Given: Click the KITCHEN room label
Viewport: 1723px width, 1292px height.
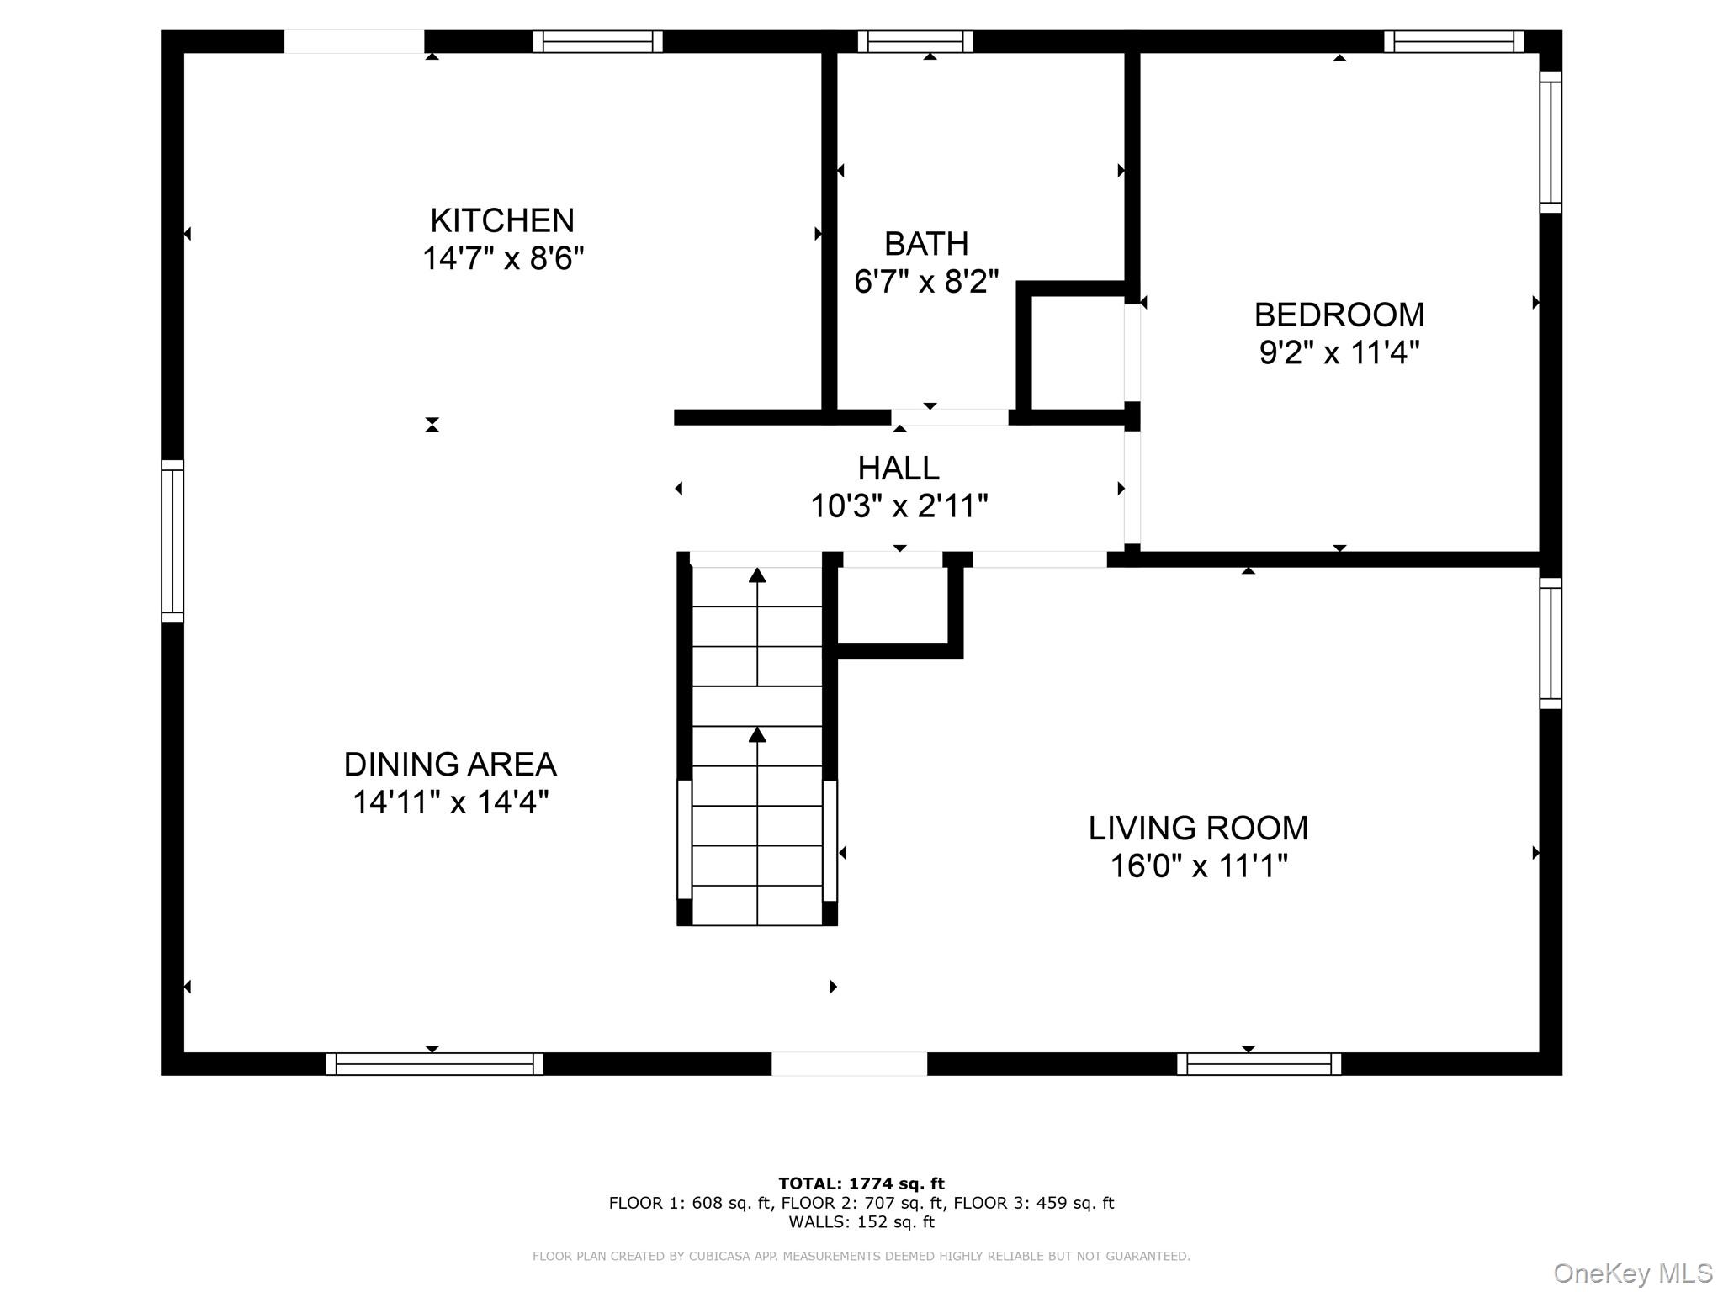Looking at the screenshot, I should coord(502,220).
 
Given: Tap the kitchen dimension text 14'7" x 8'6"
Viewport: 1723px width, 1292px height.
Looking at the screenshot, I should coord(502,258).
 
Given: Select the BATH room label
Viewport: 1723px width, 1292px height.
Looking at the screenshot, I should coord(925,244).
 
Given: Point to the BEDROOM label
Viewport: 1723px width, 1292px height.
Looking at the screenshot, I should coord(1339,315).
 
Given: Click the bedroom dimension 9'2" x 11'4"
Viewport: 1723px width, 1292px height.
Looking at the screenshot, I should coord(1339,352).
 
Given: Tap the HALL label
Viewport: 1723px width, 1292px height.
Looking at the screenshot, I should coord(898,468).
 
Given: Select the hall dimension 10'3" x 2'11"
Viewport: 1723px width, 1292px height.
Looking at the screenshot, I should coord(898,506).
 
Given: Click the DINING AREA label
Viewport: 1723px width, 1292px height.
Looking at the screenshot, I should coord(450,765).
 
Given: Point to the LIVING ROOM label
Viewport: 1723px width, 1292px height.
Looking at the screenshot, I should coord(1198,828).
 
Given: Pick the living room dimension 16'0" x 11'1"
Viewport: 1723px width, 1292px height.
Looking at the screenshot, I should coord(1198,866).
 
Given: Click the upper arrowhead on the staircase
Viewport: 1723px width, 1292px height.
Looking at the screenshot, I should coord(757,575).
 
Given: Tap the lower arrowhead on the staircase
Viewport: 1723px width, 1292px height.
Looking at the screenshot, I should coord(757,735).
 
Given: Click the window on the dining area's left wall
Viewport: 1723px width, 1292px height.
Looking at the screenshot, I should coord(172,541).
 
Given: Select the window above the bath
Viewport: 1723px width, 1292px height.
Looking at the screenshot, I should coord(915,41).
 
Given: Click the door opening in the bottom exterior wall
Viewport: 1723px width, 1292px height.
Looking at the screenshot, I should coord(849,1063).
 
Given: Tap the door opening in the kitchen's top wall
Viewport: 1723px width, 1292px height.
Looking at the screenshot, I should coord(353,41).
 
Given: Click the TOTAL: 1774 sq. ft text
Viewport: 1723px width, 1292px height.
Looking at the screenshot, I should coord(861,1183).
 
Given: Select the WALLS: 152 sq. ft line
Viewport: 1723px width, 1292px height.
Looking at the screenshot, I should coord(861,1222).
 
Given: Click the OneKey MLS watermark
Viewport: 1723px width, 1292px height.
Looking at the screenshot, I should coord(1632,1273).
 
